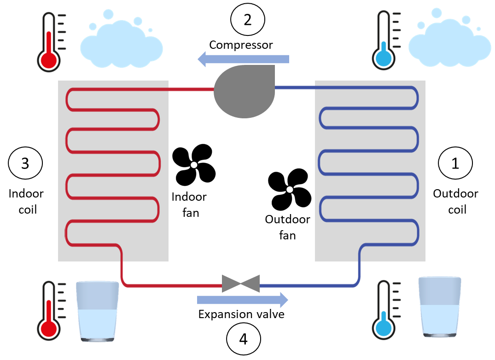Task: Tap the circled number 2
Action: pyautogui.click(x=248, y=20)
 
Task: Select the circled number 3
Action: pyautogui.click(x=25, y=163)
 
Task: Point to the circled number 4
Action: pyautogui.click(x=244, y=339)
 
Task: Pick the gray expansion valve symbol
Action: pyautogui.click(x=241, y=284)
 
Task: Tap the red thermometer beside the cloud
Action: pyautogui.click(x=50, y=42)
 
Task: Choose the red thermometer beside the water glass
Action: pyautogui.click(x=50, y=312)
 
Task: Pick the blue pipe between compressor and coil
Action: pyautogui.click(x=295, y=87)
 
